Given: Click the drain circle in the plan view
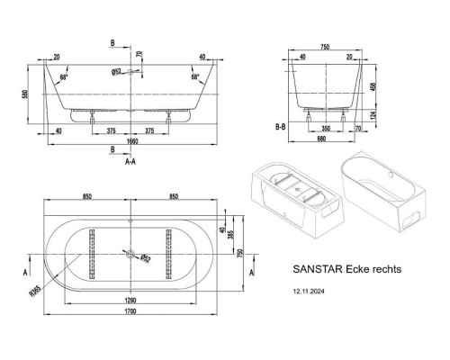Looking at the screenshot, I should click(x=131, y=255).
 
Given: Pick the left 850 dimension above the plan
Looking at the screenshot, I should click(x=85, y=199).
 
